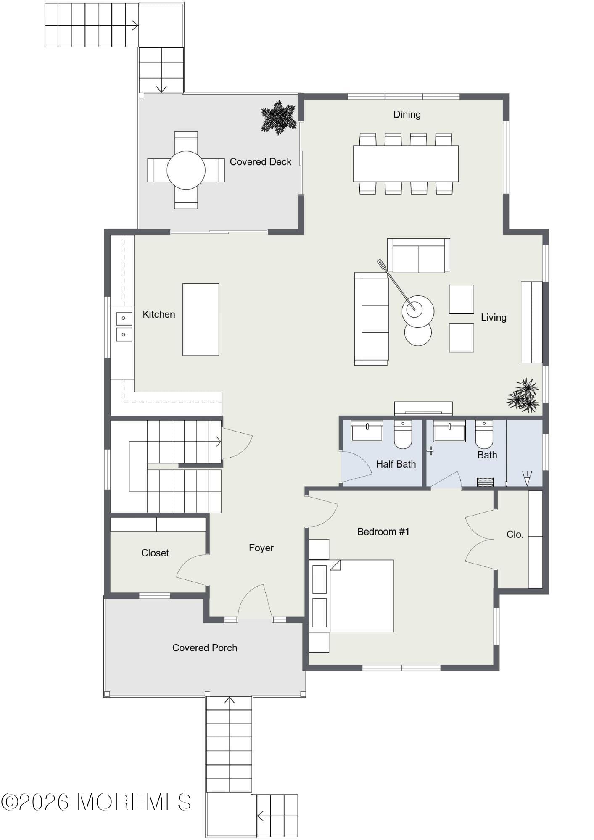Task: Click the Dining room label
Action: point(407,114)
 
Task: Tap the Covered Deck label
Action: point(260,162)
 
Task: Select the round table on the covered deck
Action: point(186,170)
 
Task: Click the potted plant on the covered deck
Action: point(278,117)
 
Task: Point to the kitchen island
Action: point(201,319)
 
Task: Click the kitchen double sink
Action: point(124,327)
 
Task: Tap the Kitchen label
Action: point(158,314)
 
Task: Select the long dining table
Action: point(405,163)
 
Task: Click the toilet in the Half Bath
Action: point(402,434)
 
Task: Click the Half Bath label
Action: point(396,464)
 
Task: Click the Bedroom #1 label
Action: point(383,532)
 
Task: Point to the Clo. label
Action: point(515,535)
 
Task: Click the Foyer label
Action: point(261,548)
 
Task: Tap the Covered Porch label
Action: point(205,648)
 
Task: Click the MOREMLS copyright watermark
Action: point(96,802)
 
